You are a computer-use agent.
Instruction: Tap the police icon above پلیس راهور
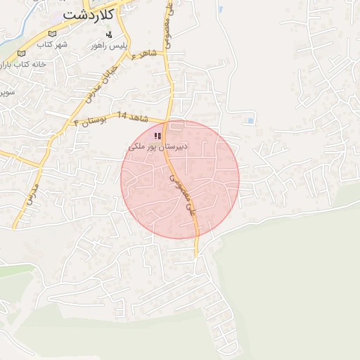[108, 34]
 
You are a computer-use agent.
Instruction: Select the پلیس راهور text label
[108, 45]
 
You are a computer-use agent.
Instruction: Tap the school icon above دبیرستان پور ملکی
[157, 135]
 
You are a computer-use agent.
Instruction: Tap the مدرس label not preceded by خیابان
[31, 195]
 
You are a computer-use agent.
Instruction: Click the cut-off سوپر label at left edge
[6, 91]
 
